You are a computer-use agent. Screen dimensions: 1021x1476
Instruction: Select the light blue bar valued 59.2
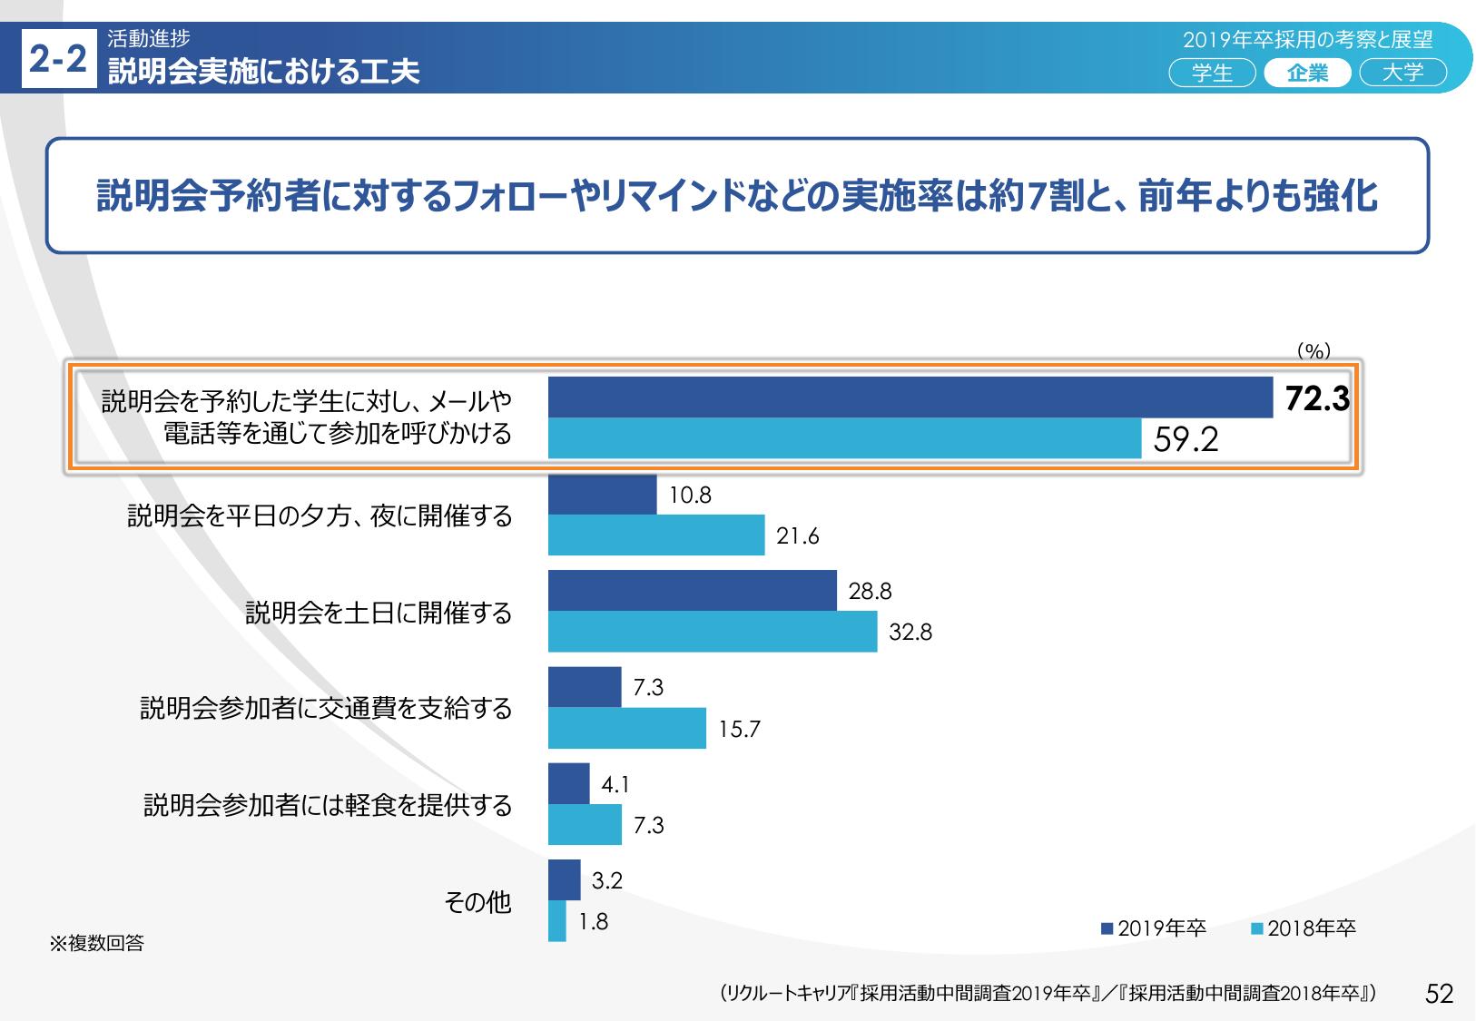click(844, 438)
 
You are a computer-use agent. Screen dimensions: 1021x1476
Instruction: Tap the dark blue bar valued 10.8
click(602, 495)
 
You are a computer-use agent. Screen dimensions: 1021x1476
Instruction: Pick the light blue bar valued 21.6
click(656, 535)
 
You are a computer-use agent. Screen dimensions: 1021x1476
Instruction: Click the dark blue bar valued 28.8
click(692, 591)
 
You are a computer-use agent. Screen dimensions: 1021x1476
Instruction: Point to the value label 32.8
click(910, 632)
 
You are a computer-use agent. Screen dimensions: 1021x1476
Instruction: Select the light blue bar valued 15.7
click(626, 728)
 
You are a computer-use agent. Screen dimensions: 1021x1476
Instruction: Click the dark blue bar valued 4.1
click(569, 783)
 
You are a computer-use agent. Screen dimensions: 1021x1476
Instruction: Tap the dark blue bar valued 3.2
click(565, 879)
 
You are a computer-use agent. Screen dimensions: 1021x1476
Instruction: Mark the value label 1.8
click(594, 922)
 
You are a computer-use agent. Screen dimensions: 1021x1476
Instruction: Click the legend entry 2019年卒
click(1153, 928)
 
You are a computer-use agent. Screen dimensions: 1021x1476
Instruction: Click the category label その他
click(477, 902)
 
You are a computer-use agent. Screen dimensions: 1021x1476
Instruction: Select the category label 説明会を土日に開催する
click(379, 614)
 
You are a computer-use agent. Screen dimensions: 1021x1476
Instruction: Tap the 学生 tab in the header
click(1212, 73)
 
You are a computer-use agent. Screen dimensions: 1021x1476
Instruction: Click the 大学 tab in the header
click(1402, 73)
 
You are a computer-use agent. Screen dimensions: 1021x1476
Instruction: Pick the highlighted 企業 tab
click(1307, 73)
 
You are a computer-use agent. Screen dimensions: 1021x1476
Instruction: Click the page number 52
click(1440, 993)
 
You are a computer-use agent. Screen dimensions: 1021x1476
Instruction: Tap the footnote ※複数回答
click(96, 944)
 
